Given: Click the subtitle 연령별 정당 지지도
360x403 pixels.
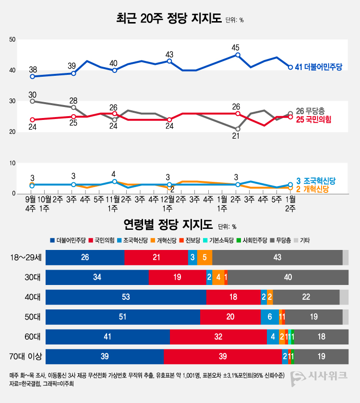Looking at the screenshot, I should point(168,225).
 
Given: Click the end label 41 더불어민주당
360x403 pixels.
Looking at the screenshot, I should point(319,67).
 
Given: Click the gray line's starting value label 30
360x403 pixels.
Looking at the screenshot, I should point(33,95).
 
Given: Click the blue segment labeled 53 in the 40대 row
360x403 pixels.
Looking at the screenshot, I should point(126,297).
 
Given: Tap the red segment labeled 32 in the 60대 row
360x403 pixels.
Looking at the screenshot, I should point(218,337).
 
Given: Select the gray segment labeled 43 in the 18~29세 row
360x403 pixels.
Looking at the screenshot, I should point(277,258).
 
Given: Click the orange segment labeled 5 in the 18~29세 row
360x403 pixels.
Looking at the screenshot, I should point(204,258).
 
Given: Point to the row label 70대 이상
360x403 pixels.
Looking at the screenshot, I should point(26,357).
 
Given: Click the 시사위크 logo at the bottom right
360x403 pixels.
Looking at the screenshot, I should point(320,377).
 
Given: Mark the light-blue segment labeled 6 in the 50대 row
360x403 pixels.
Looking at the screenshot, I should point(269,317).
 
